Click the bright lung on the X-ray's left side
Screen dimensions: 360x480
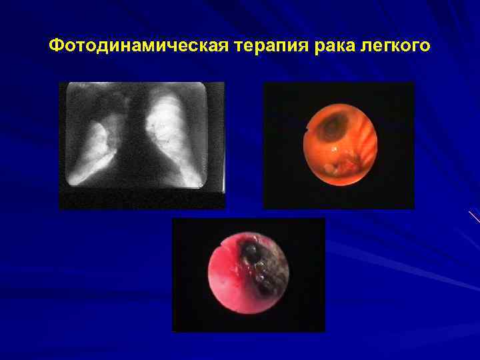(93, 150)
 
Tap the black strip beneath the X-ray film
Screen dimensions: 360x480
(141, 200)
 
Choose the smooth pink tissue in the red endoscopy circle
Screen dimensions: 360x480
(227, 280)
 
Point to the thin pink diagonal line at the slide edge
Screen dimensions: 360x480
(474, 216)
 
